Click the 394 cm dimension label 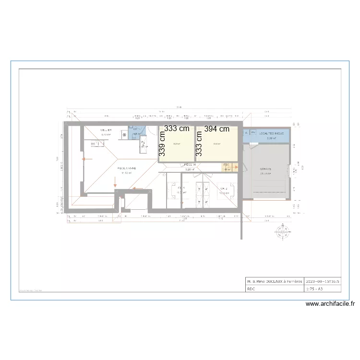216,129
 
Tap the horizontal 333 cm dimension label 177,129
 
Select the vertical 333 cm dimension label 198,144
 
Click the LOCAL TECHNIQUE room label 271,133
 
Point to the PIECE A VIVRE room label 127,168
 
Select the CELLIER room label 106,131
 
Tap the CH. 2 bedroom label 224,189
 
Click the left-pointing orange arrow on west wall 86,160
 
